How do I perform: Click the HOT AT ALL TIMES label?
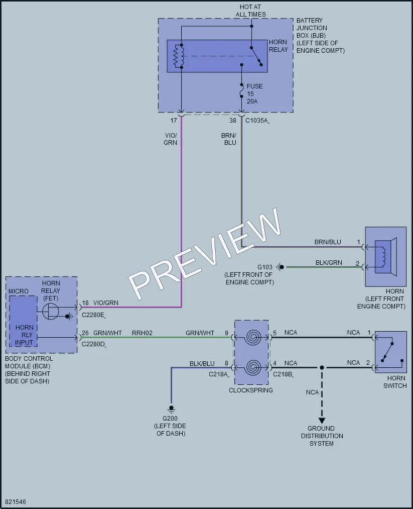(x=250, y=11)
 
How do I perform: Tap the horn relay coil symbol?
(x=178, y=56)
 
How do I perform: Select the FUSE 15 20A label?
(x=254, y=94)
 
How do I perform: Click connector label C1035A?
(x=257, y=121)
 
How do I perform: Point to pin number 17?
(x=174, y=121)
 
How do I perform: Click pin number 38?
(x=233, y=121)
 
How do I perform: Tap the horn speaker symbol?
(x=385, y=257)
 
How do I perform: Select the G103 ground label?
(x=265, y=267)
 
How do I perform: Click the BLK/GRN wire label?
(x=329, y=263)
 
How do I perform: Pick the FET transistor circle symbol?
(x=51, y=312)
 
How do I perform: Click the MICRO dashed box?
(x=24, y=321)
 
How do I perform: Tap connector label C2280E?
(x=94, y=315)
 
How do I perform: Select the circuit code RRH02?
(x=142, y=333)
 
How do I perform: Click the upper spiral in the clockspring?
(x=252, y=338)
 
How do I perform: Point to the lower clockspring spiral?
(x=252, y=367)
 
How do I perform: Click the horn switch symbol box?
(x=390, y=352)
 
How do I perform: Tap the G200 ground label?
(x=170, y=419)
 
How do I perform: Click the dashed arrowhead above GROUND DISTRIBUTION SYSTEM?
(x=322, y=421)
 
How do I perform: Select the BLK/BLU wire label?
(x=202, y=364)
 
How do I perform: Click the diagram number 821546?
(x=16, y=502)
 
